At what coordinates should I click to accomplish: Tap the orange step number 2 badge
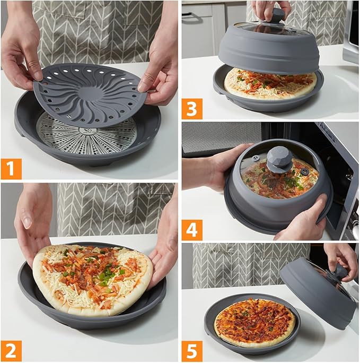[11, 351]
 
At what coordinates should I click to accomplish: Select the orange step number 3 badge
[192, 108]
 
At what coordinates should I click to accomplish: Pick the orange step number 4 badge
[192, 230]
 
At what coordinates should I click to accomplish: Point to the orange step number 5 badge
[192, 351]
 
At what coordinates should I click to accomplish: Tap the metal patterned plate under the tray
[85, 140]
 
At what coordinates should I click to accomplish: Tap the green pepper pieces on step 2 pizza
[106, 274]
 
